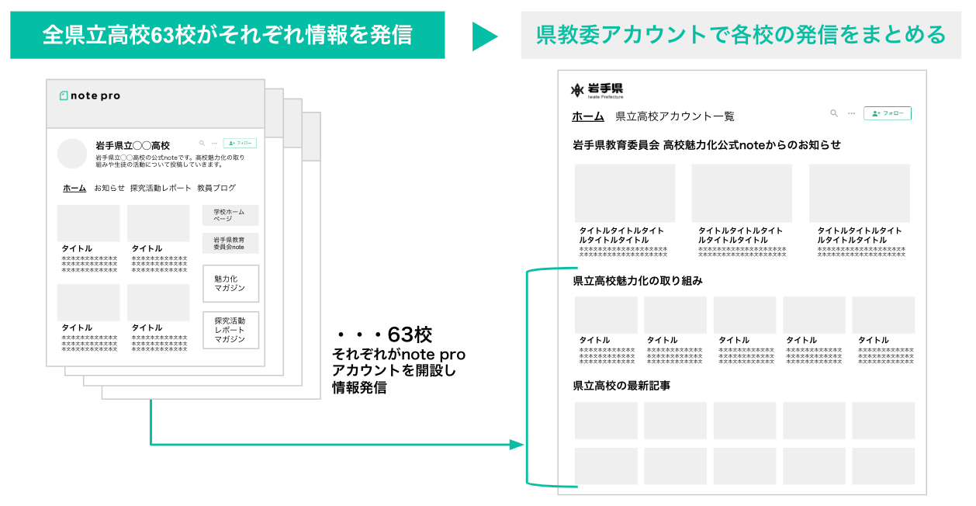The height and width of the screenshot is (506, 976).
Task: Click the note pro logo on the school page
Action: (x=90, y=96)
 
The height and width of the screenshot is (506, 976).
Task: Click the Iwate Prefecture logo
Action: (x=597, y=90)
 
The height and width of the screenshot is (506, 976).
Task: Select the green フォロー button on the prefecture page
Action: (x=887, y=113)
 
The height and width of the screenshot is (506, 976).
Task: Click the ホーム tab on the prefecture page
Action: (x=587, y=116)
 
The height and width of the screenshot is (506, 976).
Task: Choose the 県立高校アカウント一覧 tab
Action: (x=674, y=116)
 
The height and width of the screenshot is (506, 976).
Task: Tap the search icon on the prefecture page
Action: (x=834, y=113)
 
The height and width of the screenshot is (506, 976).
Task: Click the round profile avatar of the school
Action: (x=72, y=153)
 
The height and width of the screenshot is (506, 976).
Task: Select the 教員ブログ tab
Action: (x=216, y=188)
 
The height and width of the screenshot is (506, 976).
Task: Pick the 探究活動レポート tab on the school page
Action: (x=161, y=188)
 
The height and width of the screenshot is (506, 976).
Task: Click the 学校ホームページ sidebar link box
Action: (x=230, y=215)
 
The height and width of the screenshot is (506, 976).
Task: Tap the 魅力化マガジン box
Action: (x=230, y=283)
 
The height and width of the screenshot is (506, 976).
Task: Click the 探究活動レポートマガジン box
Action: (x=230, y=330)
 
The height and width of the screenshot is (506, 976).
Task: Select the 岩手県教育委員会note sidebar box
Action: (x=230, y=243)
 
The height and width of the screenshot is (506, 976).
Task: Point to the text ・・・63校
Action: (x=383, y=335)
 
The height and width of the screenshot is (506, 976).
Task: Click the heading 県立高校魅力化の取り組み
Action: (x=637, y=281)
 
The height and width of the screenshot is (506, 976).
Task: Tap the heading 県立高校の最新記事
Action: (x=621, y=386)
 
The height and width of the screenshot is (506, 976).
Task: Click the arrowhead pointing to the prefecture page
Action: (x=517, y=445)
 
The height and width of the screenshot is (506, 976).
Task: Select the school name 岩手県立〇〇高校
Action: (x=132, y=145)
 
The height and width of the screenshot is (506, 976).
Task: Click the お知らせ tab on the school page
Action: (x=109, y=188)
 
